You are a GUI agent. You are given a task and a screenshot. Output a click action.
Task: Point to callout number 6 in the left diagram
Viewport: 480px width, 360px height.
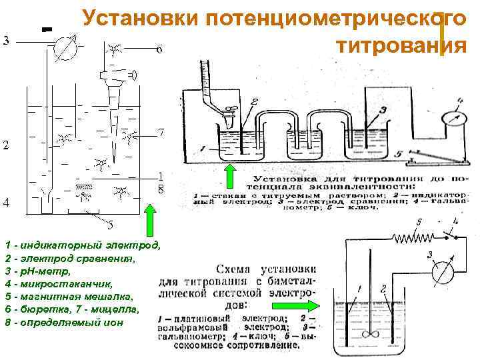[159, 50]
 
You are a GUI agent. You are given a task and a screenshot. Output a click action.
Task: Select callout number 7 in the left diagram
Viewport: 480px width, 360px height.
[161, 133]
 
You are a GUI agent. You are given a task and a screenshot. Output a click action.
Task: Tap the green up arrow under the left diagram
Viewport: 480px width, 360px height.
[151, 220]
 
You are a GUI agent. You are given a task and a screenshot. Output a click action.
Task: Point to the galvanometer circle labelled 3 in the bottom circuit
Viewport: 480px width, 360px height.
[437, 273]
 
